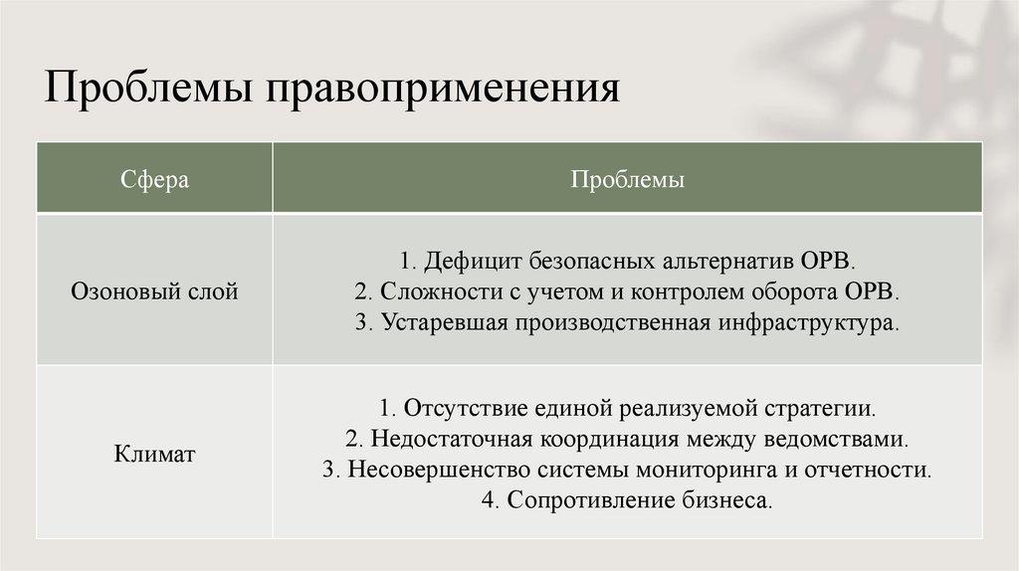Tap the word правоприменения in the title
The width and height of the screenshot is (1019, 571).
click(x=441, y=90)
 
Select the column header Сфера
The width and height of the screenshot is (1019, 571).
click(x=155, y=180)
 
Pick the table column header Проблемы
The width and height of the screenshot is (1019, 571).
click(x=627, y=180)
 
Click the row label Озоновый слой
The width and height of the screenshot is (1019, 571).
click(x=155, y=292)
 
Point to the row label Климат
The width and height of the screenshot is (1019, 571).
click(x=154, y=455)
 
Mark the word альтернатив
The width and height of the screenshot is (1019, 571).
click(x=726, y=262)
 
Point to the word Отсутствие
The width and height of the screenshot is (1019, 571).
click(x=455, y=408)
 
